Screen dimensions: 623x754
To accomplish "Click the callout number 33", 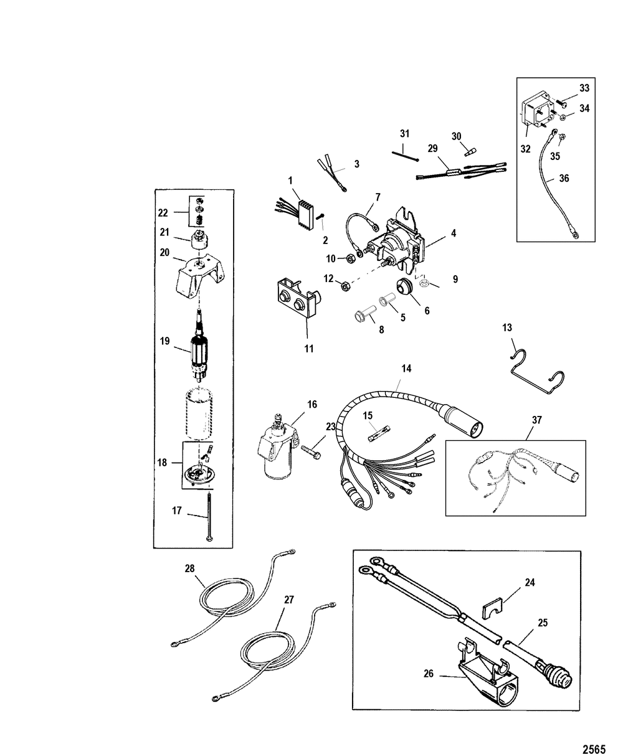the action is coord(584,88).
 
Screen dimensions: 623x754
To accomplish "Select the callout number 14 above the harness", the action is coord(406,369).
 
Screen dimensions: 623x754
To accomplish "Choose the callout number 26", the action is coord(428,674).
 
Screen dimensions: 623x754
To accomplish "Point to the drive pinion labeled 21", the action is coord(200,240).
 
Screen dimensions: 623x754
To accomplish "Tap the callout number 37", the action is coord(537,420).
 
